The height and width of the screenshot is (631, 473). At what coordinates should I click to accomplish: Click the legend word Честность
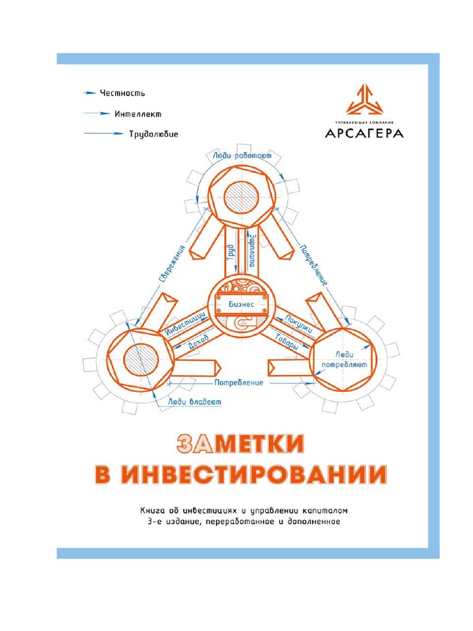pyautogui.click(x=123, y=93)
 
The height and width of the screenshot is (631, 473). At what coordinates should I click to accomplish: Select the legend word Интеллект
pyautogui.click(x=139, y=113)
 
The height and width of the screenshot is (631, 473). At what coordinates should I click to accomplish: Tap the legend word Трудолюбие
pyautogui.click(x=154, y=133)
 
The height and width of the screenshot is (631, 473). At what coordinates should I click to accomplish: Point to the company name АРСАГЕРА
pyautogui.click(x=364, y=132)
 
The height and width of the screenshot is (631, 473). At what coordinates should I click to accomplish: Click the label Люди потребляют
pyautogui.click(x=343, y=359)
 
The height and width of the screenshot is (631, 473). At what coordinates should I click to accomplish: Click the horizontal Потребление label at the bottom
pyautogui.click(x=239, y=382)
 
